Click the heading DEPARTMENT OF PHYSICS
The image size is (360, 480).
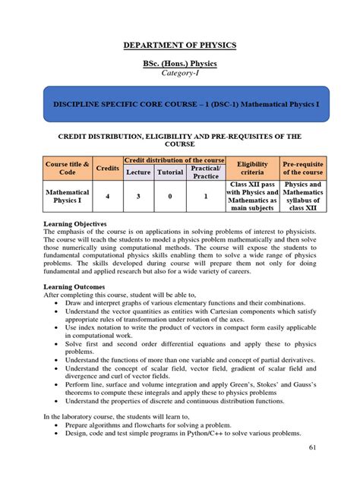coord(180,46)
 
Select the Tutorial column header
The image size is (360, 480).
coord(169,172)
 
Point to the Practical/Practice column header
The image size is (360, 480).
coord(205,172)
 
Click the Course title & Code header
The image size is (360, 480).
coord(68,167)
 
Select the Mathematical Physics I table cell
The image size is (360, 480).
coord(68,197)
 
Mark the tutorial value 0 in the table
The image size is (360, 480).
coord(169,197)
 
